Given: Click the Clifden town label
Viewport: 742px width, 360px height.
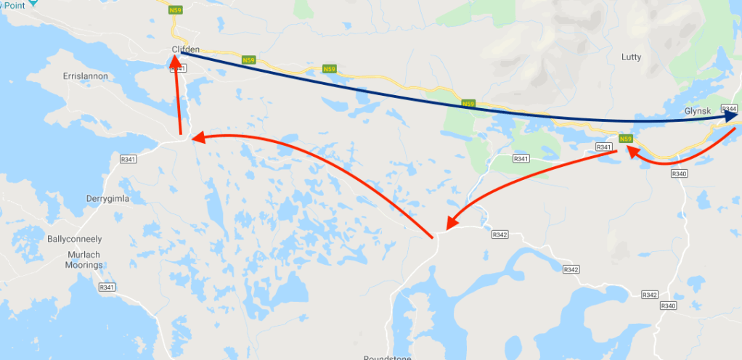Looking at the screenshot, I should [185, 49].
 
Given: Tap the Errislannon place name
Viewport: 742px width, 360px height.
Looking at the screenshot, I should [86, 75].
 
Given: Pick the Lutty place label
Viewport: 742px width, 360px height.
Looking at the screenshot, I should [632, 57].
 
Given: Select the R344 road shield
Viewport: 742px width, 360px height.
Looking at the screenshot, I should [729, 108].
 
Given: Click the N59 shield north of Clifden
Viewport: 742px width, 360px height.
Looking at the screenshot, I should [175, 10].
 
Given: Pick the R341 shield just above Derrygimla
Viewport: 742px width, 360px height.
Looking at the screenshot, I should [129, 159].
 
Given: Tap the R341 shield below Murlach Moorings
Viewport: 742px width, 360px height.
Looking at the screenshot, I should [107, 287].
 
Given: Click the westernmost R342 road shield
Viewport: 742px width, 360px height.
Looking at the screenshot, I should [500, 234].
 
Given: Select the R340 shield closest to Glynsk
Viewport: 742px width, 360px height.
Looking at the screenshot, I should [680, 173].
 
